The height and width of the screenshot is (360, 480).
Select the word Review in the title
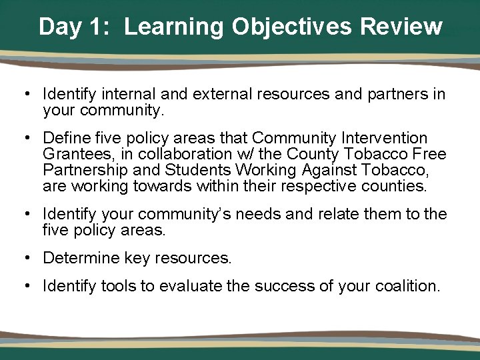pos(401,27)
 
